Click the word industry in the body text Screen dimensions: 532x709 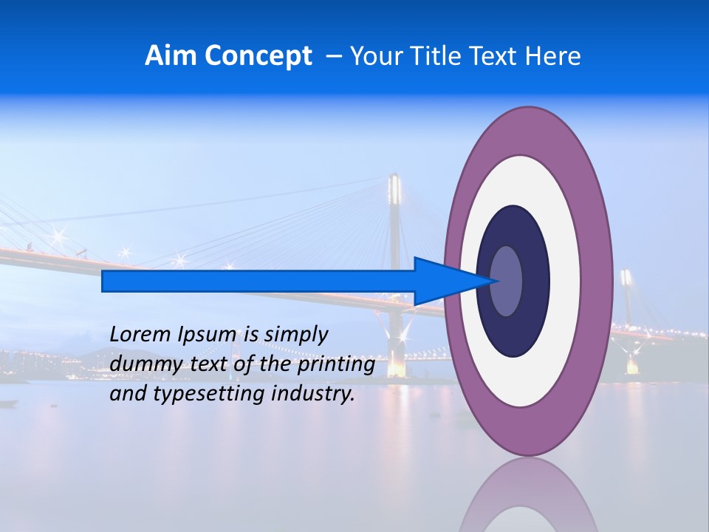312,394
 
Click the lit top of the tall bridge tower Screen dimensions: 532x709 395,189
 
